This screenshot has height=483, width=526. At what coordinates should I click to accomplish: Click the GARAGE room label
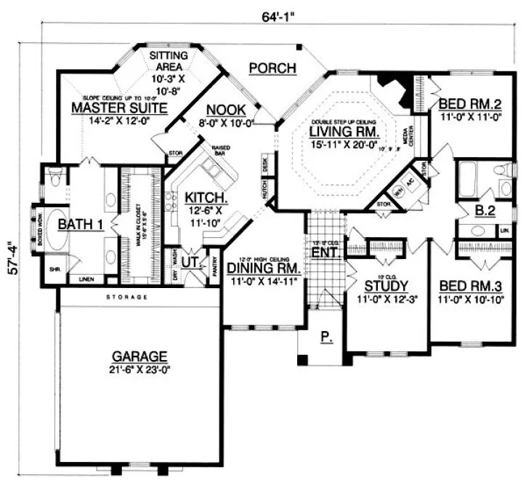(x=139, y=356)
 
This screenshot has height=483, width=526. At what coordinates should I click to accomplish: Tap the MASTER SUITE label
(x=119, y=108)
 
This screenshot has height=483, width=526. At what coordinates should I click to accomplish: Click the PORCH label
(x=272, y=68)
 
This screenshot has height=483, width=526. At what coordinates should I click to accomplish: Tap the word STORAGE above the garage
(x=126, y=298)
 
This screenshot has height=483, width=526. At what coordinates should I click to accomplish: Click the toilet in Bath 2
(x=502, y=173)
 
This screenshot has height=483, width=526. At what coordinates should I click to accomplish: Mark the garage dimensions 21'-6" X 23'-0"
(x=139, y=370)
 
